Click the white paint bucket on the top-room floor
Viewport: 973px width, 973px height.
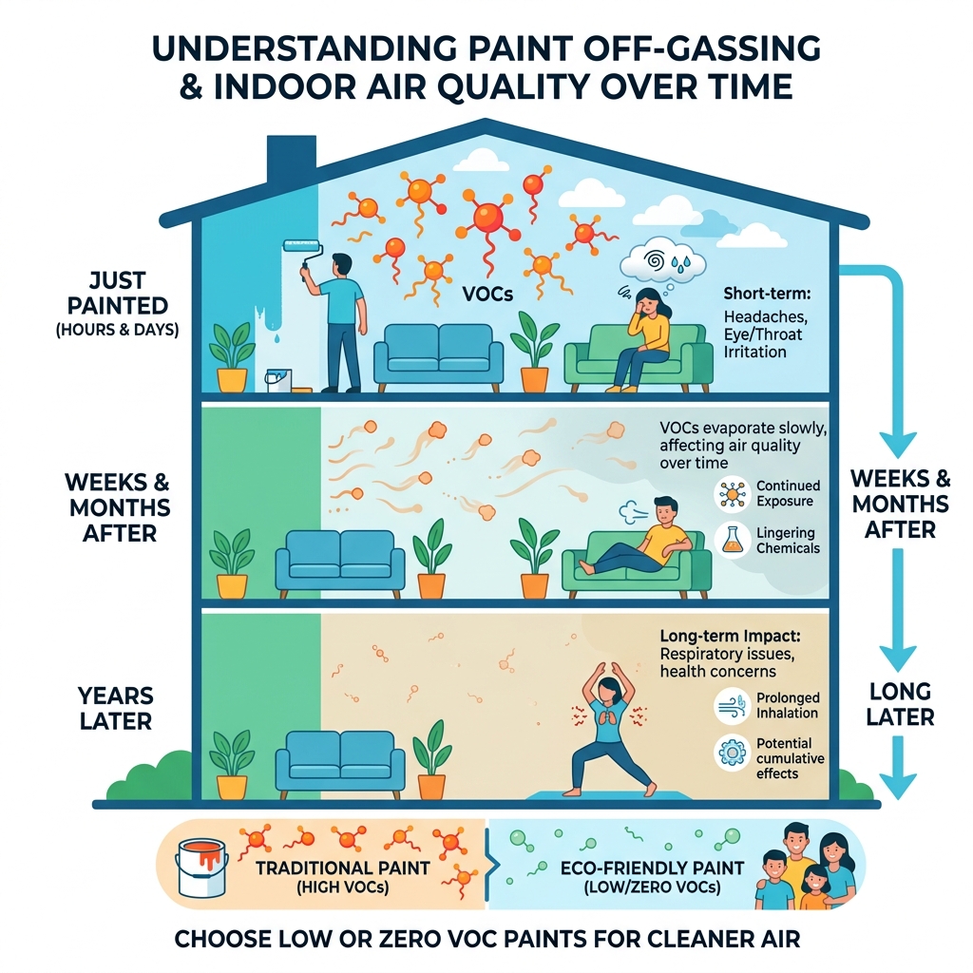point(278,380)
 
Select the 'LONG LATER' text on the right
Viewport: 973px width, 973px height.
point(899,703)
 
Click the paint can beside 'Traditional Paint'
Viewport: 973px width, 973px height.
point(201,865)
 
